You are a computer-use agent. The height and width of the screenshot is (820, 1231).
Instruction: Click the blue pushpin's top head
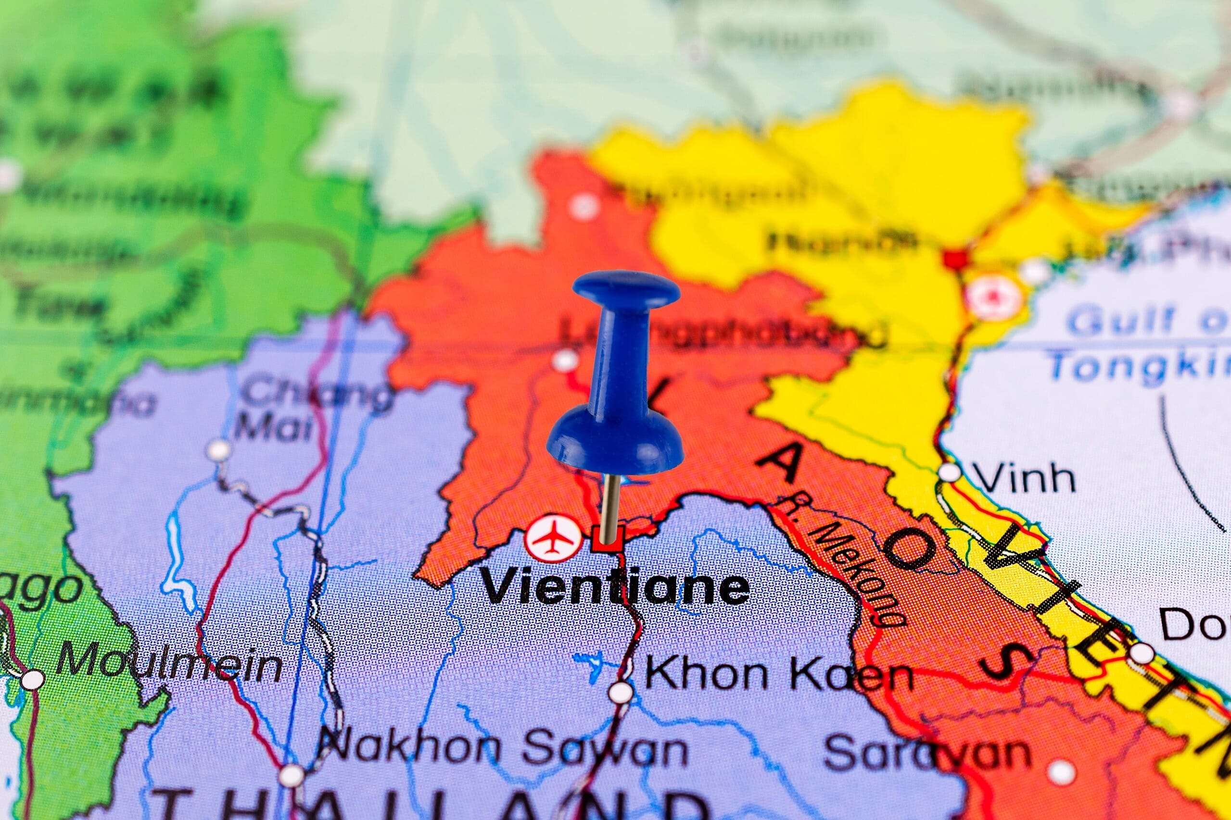[x=626, y=290]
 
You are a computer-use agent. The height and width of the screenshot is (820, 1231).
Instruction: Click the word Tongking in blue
[x=1141, y=364]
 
